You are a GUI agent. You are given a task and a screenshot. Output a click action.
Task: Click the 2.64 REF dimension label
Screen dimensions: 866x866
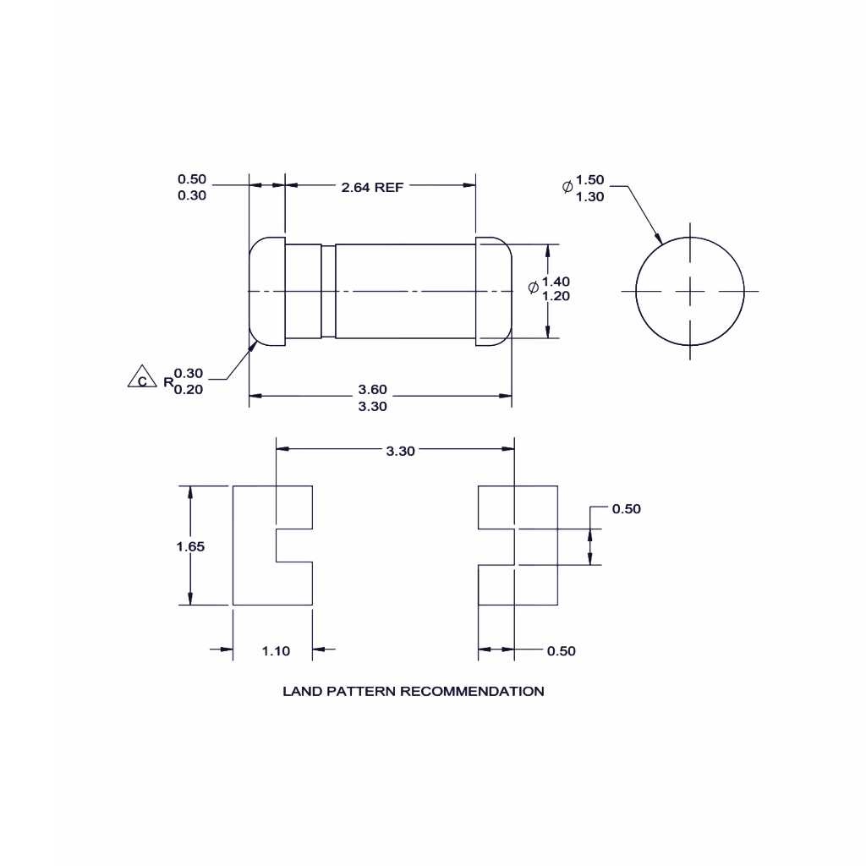(372, 187)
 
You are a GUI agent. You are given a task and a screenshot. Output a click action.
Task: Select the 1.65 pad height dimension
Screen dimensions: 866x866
(190, 546)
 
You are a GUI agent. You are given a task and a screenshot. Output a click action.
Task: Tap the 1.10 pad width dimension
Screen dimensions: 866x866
(276, 650)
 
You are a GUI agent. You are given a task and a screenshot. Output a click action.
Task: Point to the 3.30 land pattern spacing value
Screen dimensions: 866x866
(400, 451)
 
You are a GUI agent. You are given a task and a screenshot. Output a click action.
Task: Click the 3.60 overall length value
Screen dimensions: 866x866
(372, 389)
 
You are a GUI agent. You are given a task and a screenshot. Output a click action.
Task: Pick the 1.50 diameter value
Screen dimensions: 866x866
(590, 180)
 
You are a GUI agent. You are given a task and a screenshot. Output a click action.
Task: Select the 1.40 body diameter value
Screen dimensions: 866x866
(556, 281)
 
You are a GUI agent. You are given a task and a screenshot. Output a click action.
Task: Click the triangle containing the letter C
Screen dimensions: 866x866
(141, 378)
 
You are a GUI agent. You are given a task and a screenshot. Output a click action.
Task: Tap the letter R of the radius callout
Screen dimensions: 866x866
(167, 383)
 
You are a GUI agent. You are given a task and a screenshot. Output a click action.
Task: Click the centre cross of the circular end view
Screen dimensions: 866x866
(690, 291)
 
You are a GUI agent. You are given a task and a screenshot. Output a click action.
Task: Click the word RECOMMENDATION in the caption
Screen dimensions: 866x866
(472, 691)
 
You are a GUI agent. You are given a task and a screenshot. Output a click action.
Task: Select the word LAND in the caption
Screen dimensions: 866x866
(299, 691)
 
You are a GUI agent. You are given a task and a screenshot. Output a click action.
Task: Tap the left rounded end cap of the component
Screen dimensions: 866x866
(266, 291)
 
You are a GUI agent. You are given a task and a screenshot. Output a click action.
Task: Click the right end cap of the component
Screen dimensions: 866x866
(494, 291)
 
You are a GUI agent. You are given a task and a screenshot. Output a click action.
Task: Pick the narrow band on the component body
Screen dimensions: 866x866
(328, 291)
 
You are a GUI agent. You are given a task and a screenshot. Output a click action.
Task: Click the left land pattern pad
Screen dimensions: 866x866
(254, 545)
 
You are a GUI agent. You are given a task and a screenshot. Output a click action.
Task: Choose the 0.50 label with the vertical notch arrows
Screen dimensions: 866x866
(626, 508)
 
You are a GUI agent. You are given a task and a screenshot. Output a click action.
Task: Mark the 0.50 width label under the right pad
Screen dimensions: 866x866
(562, 650)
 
